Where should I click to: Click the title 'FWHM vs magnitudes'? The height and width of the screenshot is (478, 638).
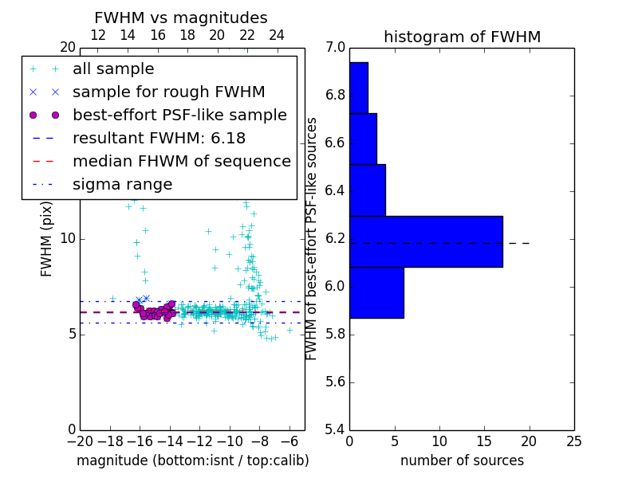pos(180,18)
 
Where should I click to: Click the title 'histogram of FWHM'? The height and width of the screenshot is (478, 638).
pos(462,37)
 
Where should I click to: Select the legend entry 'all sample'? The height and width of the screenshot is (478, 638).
pos(113,69)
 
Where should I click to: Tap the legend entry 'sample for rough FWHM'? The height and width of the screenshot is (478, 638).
pos(168,92)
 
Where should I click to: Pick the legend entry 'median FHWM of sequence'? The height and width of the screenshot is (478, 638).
pos(181,162)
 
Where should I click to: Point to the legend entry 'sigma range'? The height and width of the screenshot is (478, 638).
pos(122,185)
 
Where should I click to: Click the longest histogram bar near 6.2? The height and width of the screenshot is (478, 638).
pos(426,241)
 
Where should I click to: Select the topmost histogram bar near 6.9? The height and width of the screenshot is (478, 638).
pos(358,88)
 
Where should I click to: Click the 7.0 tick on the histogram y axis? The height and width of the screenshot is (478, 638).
pos(335,48)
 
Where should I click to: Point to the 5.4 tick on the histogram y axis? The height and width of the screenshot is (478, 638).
pos(335,429)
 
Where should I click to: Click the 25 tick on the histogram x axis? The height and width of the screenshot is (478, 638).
pos(573,441)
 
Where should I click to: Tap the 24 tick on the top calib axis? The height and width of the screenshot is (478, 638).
pos(277,36)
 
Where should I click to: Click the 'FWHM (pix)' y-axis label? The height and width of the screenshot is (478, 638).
pos(47,238)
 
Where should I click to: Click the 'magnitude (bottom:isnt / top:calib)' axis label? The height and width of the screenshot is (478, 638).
pos(192,460)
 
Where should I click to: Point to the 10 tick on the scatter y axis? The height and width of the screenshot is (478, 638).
pos(67,238)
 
